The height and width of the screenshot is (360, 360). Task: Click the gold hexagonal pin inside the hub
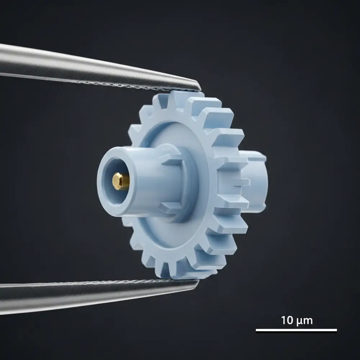pos(121,181)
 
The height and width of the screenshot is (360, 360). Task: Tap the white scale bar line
pos(296,330)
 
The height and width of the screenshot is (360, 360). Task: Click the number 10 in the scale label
pos(288,320)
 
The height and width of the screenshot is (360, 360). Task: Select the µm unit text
pos(305,321)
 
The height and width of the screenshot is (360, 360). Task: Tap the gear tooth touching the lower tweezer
pos(184,271)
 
